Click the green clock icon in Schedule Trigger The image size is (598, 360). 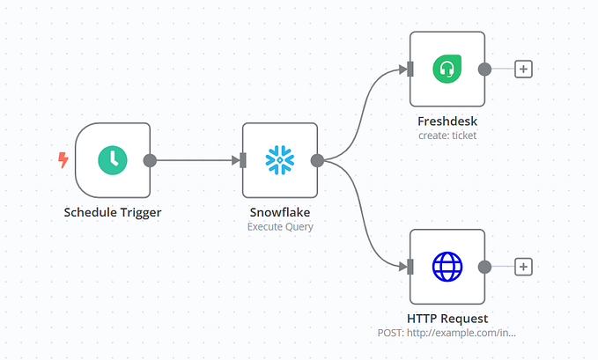pos(112,160)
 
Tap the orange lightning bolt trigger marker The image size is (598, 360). pos(63,160)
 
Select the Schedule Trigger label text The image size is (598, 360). pos(112,212)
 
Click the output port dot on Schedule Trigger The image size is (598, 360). pos(150,160)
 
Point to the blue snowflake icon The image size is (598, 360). pos(280,160)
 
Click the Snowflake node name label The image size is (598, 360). pos(280,212)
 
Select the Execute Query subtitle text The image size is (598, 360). pos(280,226)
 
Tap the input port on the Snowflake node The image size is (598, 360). pos(242,160)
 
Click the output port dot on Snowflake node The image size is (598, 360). pos(317,160)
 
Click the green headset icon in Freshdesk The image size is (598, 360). pos(447,69)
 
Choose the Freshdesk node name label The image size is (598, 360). pos(447,121)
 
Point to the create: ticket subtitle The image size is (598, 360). pos(447,136)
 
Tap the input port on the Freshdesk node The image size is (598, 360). pos(410,69)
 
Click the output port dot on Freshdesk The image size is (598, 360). pos(484,69)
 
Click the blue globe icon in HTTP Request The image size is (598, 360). pos(447,266)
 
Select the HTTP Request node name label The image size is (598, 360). pos(447,318)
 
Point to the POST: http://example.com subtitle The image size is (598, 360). pos(447,333)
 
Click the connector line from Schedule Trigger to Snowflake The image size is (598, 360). pos(196,160)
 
